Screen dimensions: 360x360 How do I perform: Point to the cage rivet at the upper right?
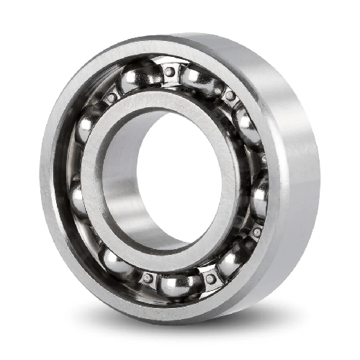(230, 95)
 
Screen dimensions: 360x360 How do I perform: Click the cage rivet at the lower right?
(256, 232)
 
